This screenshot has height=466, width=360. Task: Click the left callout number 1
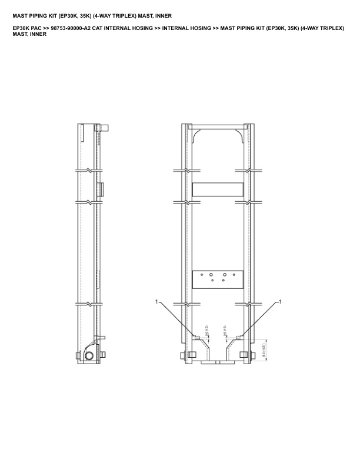click(157, 301)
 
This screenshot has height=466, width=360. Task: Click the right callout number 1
click(279, 301)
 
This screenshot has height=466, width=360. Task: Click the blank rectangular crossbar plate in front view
click(218, 189)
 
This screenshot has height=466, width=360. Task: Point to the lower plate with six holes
click(218, 277)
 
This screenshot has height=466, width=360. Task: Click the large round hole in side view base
click(88, 357)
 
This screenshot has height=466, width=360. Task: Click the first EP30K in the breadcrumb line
click(21, 28)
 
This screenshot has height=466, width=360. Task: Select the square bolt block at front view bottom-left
click(192, 355)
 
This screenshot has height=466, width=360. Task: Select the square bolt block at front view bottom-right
click(244, 355)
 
